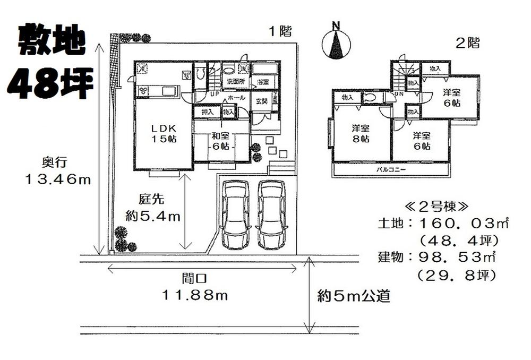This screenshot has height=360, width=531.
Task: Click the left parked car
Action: click(x=235, y=214)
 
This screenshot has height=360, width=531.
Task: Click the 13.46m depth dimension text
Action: click(x=58, y=179)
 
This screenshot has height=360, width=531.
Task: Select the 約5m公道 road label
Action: click(x=354, y=296)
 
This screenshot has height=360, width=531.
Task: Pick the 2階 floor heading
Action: click(x=467, y=44)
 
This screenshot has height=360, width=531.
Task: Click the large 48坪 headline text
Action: click(x=51, y=82)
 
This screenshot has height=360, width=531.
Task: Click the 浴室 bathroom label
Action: click(x=263, y=82)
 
